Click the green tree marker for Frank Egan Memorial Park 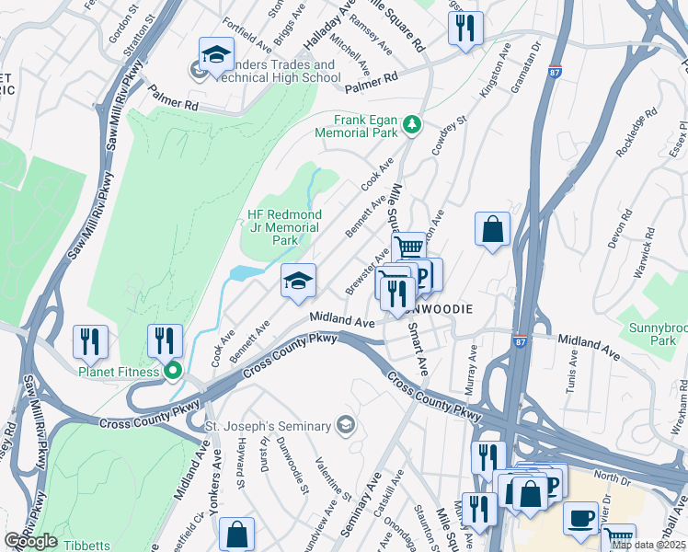tap(414, 125)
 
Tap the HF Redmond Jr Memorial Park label tap(283, 227)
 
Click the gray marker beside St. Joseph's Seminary tap(345, 424)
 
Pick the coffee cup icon tap(580, 518)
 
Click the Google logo tap(30, 541)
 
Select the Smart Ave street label tap(419, 348)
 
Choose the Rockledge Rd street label tap(636, 134)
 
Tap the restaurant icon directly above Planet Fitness tap(165, 339)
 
